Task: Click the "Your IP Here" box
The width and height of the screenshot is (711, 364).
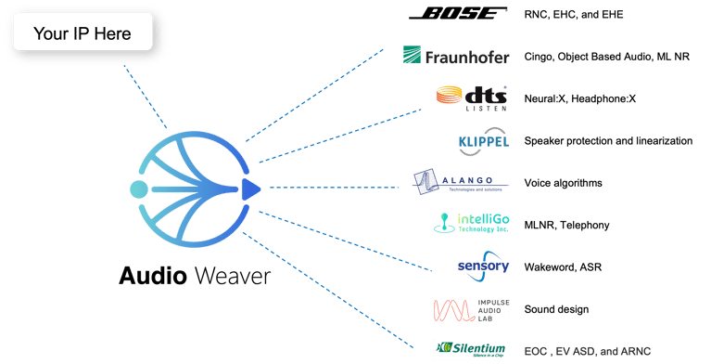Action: [x=83, y=35]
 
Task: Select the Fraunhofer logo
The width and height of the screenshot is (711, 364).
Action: [x=455, y=57]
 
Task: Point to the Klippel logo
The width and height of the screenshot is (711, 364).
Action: [x=483, y=141]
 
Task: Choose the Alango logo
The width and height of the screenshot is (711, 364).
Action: [x=460, y=182]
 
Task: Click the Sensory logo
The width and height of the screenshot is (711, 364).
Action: [x=483, y=266]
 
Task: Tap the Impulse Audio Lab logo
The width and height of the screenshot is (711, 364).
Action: [x=471, y=309]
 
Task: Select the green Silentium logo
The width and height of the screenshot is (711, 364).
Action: [x=471, y=350]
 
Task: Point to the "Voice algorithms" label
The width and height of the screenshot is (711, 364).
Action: [x=563, y=183]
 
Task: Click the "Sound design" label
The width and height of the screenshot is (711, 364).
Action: [x=556, y=309]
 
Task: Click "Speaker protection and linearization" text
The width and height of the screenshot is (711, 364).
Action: [x=607, y=141]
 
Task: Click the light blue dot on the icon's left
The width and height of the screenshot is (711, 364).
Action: [x=139, y=190]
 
